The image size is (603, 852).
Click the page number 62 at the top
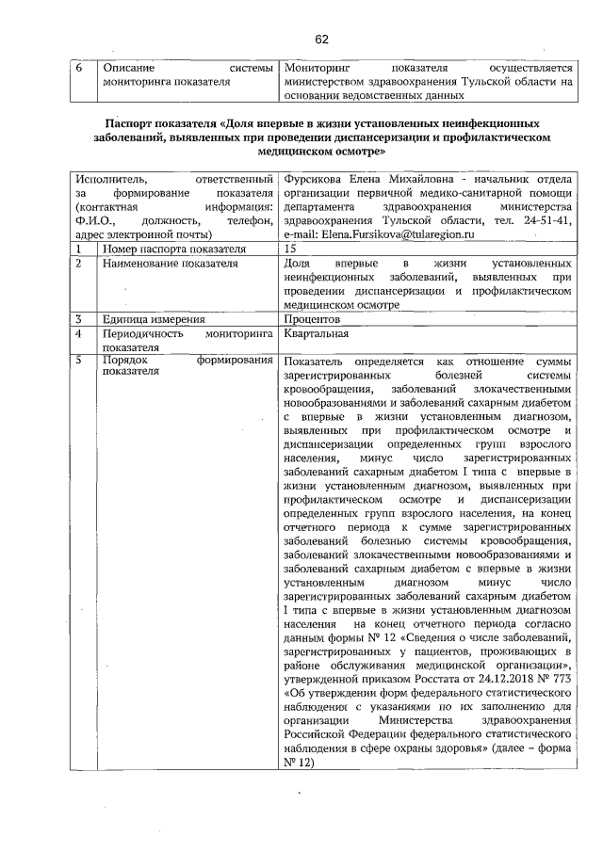coord(322,39)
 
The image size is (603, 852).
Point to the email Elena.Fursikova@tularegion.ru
coord(397,233)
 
